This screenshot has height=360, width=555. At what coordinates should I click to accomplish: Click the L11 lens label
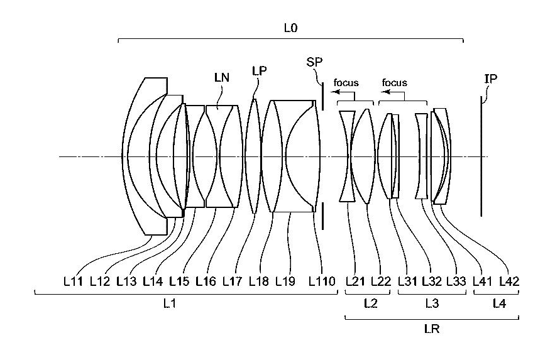pos(74,281)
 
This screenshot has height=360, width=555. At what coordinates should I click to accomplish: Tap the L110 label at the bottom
pos(322,281)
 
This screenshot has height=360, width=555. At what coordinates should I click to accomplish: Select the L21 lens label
pos(355,281)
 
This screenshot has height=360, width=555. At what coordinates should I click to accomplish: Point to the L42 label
pos(509,281)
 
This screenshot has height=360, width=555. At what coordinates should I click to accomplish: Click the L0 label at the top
pos(290,28)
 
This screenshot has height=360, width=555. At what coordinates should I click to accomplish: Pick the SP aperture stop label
pos(314,62)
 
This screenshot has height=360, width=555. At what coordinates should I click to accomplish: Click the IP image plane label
pos(491,79)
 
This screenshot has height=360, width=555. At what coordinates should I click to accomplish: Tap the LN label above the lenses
pos(222,77)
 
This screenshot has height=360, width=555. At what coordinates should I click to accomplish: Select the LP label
pos(259,71)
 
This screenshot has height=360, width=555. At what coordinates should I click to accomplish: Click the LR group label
pos(432,329)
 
